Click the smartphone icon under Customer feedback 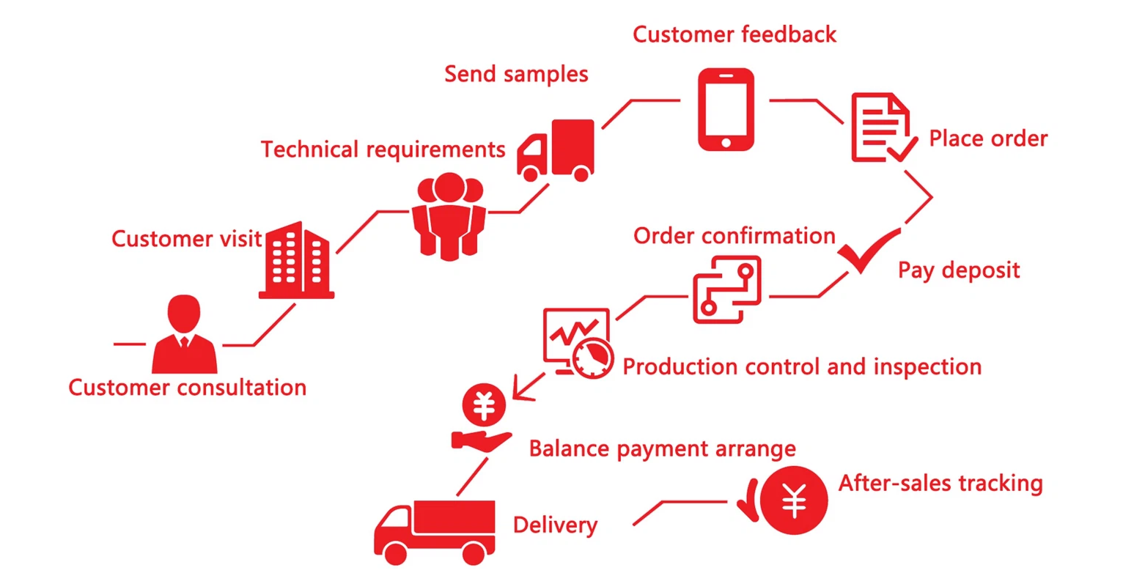pyautogui.click(x=726, y=109)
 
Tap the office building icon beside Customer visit pyautogui.click(x=297, y=260)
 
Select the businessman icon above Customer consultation pyautogui.click(x=184, y=334)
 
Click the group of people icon pyautogui.click(x=449, y=216)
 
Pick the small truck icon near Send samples pyautogui.click(x=556, y=150)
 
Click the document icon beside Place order pyautogui.click(x=883, y=127)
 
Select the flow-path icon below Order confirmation pyautogui.click(x=727, y=289)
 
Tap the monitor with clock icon pyautogui.click(x=578, y=343)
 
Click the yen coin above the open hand pyautogui.click(x=484, y=404)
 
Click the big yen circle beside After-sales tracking pyautogui.click(x=793, y=500)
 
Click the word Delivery pyautogui.click(x=556, y=525)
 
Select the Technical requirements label pyautogui.click(x=383, y=149)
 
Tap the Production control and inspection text pyautogui.click(x=802, y=366)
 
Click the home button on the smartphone pyautogui.click(x=726, y=143)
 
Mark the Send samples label pyautogui.click(x=516, y=75)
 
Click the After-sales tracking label pyautogui.click(x=940, y=483)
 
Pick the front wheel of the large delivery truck pyautogui.click(x=395, y=553)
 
